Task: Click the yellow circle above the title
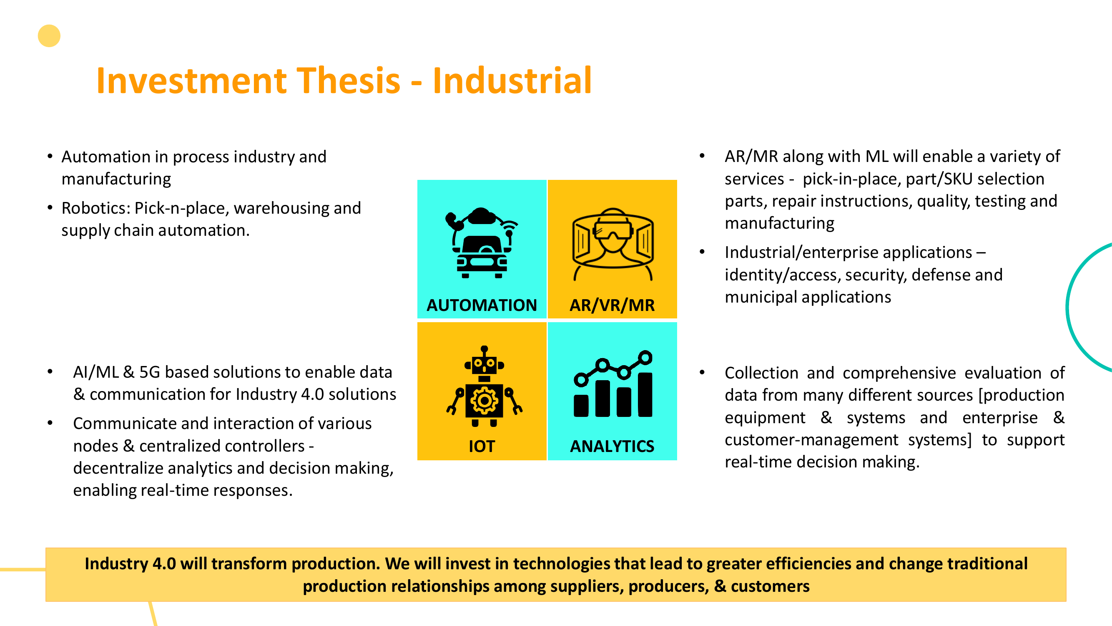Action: [49, 36]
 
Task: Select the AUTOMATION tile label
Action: [482, 305]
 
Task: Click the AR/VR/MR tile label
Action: [612, 305]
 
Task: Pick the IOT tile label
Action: [482, 446]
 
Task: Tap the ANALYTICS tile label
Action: [612, 446]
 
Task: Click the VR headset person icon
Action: [612, 245]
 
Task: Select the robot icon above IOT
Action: [484, 386]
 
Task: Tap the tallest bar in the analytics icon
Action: [645, 394]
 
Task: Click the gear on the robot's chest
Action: [484, 401]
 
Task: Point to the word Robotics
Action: [96, 208]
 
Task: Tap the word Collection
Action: [761, 373]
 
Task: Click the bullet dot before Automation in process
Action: [50, 156]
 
